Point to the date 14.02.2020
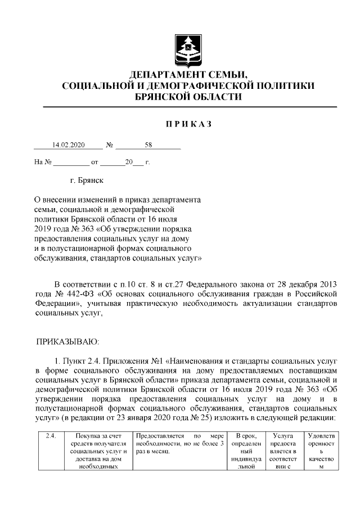pos(68,145)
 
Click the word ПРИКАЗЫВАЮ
pos(67,341)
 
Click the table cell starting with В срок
pos(246,450)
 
